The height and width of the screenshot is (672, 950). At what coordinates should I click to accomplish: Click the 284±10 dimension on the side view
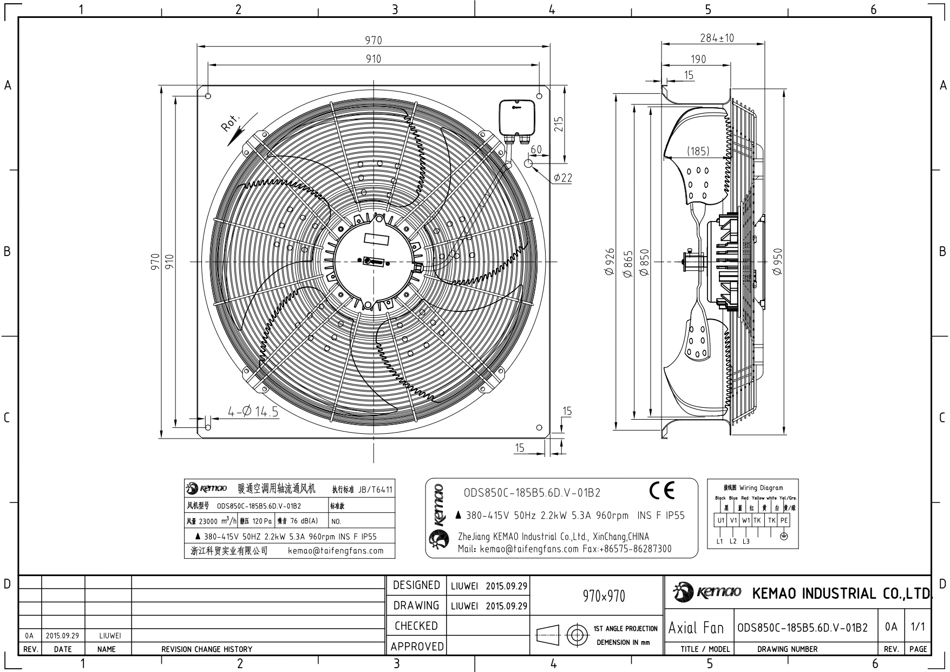click(x=716, y=38)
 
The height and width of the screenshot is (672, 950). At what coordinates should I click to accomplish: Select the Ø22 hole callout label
click(x=563, y=178)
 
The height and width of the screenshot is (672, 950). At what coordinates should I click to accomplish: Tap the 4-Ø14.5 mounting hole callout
click(x=253, y=412)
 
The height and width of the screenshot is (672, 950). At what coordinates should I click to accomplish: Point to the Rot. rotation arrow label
click(x=230, y=123)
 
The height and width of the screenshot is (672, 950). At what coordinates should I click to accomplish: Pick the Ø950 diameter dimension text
click(x=778, y=262)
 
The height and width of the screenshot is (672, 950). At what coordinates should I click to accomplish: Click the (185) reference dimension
click(x=698, y=151)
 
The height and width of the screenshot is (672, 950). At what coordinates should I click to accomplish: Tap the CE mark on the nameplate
click(x=662, y=490)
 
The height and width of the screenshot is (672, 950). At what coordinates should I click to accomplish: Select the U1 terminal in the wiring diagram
click(x=720, y=520)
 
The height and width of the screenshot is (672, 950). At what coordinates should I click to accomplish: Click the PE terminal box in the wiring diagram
click(x=784, y=520)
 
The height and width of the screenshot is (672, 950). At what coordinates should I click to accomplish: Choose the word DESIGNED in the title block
click(x=416, y=585)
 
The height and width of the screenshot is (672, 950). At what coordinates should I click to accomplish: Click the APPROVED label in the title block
click(x=417, y=647)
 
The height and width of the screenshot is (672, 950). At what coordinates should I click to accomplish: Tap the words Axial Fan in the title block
click(x=696, y=628)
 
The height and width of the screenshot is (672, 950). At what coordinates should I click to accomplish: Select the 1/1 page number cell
click(x=918, y=627)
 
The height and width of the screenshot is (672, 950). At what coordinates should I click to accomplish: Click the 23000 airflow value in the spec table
click(x=208, y=521)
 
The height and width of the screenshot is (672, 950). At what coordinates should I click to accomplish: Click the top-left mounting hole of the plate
click(x=208, y=96)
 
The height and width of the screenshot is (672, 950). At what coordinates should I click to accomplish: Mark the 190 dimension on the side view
click(x=698, y=59)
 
